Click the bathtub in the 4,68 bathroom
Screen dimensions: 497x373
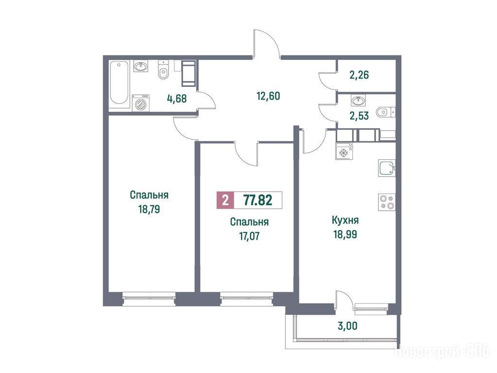click(119, 83)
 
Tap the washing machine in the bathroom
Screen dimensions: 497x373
click(141, 102)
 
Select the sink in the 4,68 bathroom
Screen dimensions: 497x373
click(140, 67)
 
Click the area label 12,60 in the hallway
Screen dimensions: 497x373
click(269, 96)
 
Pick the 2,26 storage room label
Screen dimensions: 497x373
click(359, 75)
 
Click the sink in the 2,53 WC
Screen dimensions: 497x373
click(359, 101)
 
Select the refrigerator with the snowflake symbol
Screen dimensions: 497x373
click(344, 151)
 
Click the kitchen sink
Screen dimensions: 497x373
click(387, 168)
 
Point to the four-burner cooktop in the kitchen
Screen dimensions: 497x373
click(387, 202)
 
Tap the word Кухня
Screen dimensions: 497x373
click(345, 220)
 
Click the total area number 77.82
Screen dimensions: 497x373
click(257, 200)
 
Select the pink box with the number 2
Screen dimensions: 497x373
click(225, 200)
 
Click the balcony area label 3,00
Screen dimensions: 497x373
click(348, 325)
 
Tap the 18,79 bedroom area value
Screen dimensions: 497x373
click(149, 209)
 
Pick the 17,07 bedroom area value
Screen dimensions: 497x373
click(249, 236)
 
